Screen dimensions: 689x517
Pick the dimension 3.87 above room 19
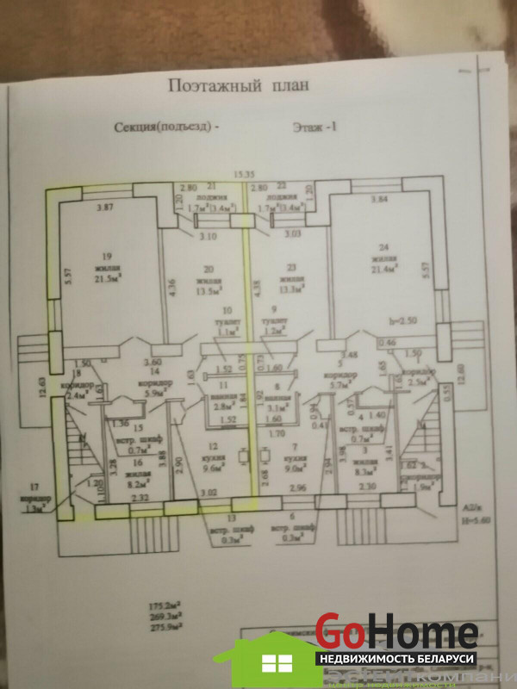coord(106,208)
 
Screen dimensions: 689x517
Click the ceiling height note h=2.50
coord(403,320)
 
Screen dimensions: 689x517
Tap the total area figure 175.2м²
coord(164,606)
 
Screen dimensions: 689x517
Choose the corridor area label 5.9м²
coord(155,393)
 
